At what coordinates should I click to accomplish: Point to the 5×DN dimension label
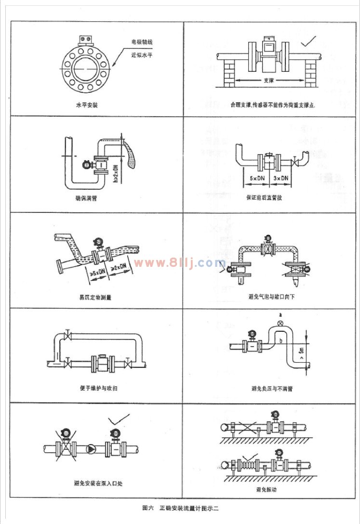(255, 178)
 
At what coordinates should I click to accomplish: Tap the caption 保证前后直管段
(269, 198)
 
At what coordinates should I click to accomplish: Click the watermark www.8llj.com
(180, 263)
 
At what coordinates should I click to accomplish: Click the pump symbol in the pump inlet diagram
(91, 449)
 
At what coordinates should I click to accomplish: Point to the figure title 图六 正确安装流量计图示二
(180, 508)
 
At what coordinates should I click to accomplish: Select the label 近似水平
(142, 54)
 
